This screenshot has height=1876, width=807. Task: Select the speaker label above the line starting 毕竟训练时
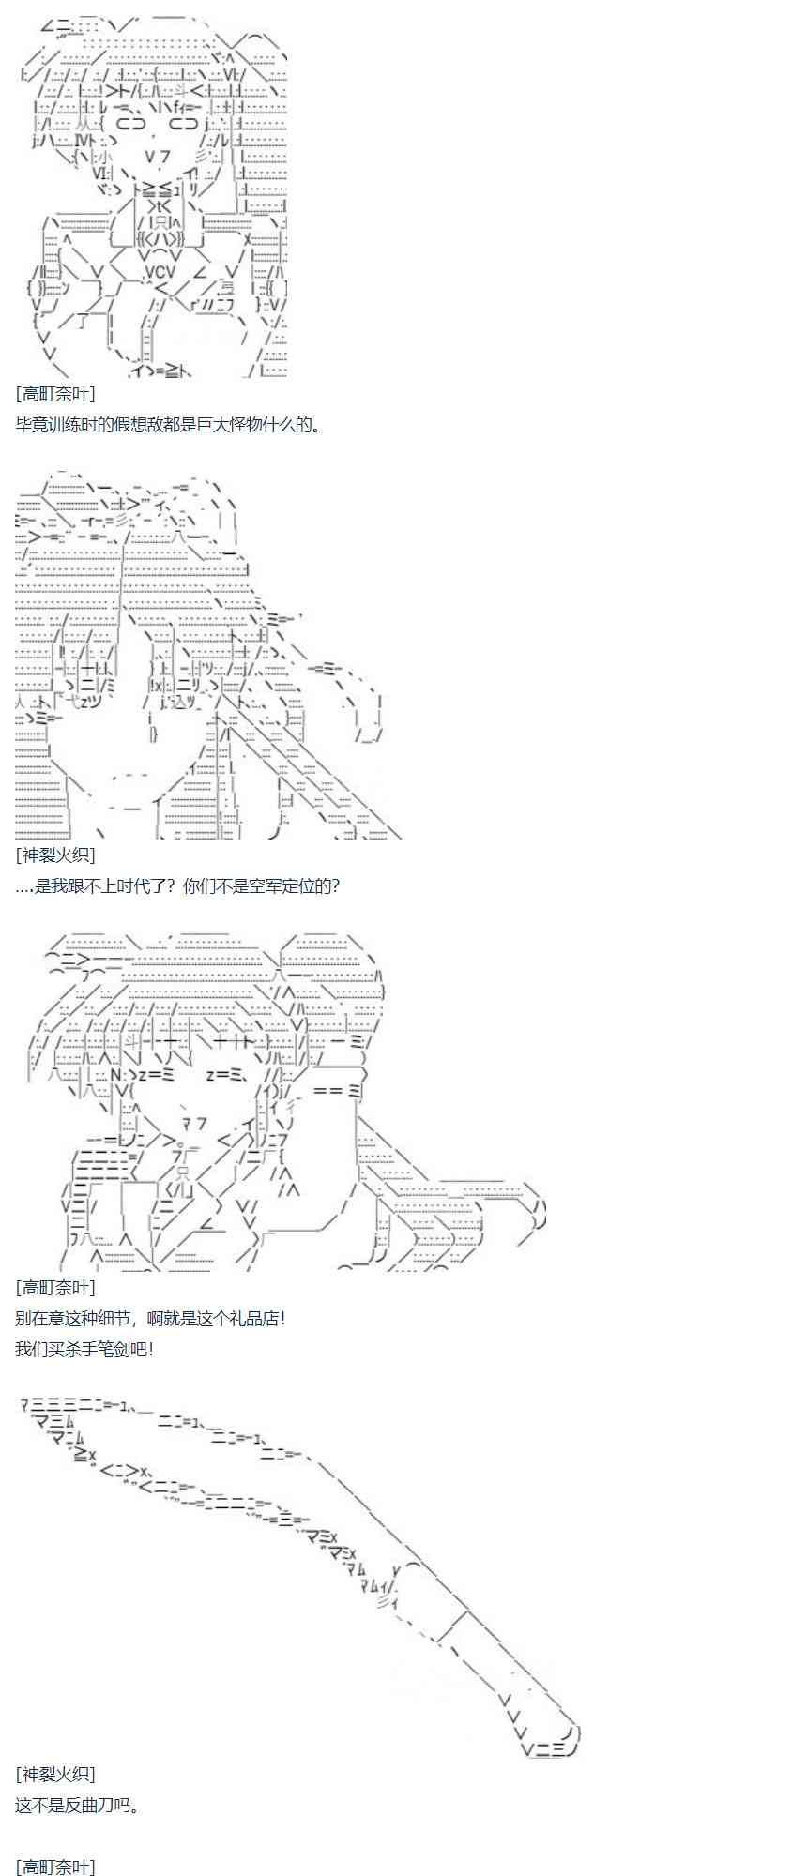[55, 394]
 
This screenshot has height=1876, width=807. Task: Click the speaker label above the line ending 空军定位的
[55, 855]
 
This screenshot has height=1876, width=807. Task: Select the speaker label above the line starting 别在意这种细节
[55, 1287]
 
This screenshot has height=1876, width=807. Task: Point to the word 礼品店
[253, 1318]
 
